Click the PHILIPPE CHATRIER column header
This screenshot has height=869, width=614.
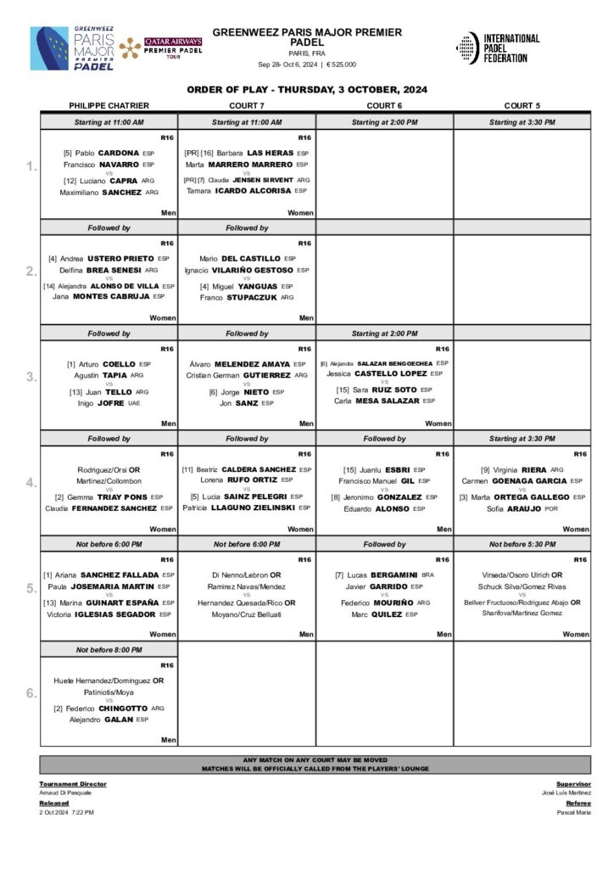click(109, 106)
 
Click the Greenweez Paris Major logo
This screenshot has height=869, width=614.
click(72, 48)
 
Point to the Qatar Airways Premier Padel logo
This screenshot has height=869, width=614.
click(161, 48)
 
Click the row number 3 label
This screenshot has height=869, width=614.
click(31, 377)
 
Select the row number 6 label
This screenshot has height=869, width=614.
click(31, 692)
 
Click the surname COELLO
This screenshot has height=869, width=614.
click(119, 364)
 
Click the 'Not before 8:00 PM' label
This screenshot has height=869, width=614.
click(109, 649)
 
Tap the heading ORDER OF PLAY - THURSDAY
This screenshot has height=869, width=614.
click(307, 90)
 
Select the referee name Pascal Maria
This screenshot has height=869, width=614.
click(573, 812)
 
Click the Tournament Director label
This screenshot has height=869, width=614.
click(72, 784)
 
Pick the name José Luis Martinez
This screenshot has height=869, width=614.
click(567, 793)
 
